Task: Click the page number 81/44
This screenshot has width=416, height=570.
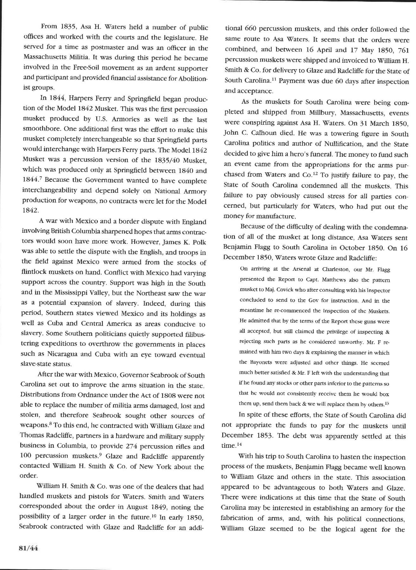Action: [28, 549]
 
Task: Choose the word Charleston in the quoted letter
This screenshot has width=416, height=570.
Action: [335, 270]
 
